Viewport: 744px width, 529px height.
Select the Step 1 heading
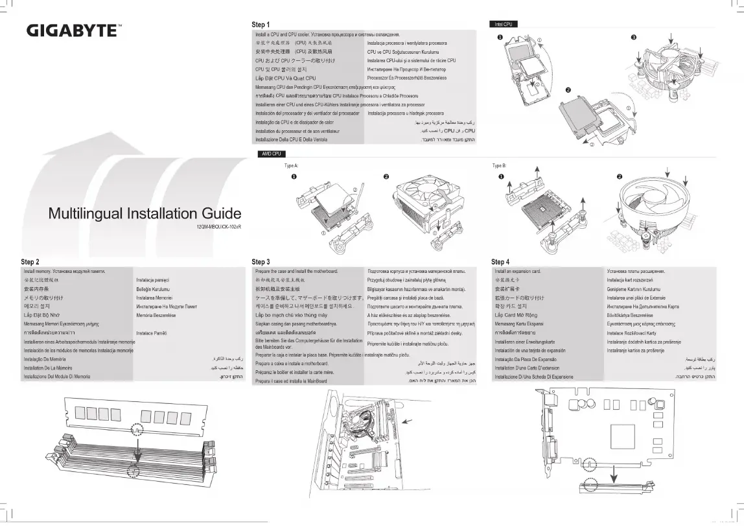(x=261, y=25)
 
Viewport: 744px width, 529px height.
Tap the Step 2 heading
(x=30, y=262)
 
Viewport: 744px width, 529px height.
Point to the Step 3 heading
(x=261, y=262)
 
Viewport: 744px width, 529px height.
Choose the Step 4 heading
(x=500, y=262)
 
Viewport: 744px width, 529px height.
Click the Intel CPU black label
(x=504, y=25)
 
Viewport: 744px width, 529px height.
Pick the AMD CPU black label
(x=270, y=154)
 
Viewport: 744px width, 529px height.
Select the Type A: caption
(x=291, y=165)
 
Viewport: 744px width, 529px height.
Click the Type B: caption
(x=499, y=165)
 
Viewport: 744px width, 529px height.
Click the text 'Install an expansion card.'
(x=517, y=270)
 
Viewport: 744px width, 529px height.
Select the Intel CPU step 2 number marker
(x=568, y=89)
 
